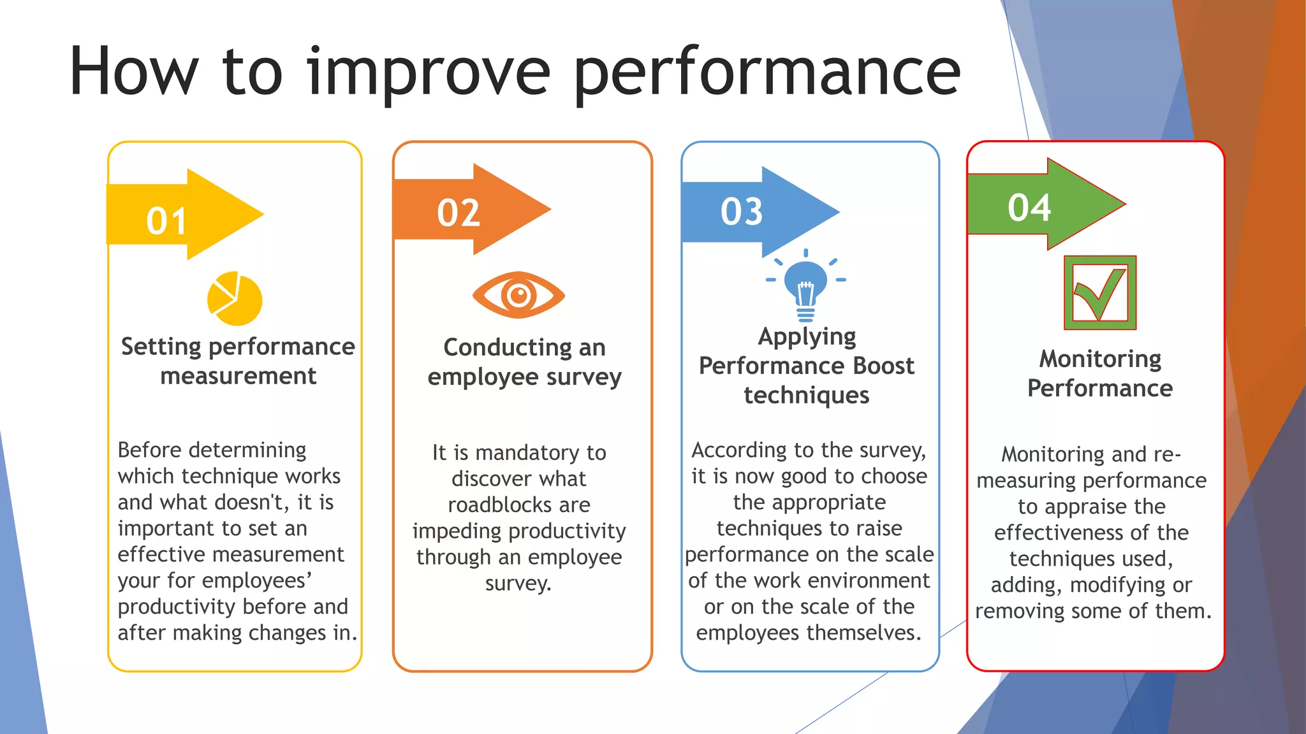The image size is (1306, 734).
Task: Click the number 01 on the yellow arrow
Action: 166,222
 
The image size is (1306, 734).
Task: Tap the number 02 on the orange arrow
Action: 458,213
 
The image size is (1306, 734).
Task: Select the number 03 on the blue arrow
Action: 742,212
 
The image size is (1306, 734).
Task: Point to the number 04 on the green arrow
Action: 1029,208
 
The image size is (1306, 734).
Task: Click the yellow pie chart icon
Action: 234,299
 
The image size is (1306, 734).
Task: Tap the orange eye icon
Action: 518,295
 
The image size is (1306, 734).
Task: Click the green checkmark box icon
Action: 1099,292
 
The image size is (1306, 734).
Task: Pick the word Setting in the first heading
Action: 161,347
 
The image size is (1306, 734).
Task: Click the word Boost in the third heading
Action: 883,366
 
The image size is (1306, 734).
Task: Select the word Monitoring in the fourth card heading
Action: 1100,359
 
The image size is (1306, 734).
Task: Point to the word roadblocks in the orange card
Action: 518,505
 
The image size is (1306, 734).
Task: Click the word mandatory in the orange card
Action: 527,452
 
